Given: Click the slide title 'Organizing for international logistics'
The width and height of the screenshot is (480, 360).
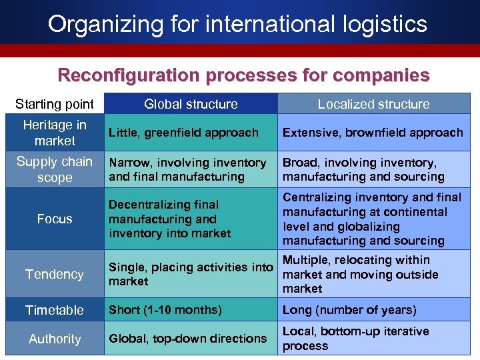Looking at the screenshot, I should click(x=237, y=25).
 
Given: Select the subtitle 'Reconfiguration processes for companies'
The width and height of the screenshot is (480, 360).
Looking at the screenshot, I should click(x=243, y=75).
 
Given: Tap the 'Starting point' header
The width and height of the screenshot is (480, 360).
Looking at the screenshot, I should click(x=55, y=104).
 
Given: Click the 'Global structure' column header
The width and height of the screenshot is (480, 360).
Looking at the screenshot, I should click(x=191, y=104).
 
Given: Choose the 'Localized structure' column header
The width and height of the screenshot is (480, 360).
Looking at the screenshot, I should click(x=373, y=104).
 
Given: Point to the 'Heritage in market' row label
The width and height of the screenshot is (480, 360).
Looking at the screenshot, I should click(x=55, y=133).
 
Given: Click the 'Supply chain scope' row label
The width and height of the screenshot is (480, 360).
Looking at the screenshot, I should click(x=55, y=169).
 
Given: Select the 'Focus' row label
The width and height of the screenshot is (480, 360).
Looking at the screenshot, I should click(x=55, y=219).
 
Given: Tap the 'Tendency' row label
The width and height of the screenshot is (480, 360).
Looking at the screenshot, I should click(x=55, y=274).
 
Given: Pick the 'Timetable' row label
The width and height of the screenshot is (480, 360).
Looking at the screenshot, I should click(x=55, y=310).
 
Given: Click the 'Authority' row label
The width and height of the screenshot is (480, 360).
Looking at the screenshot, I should click(x=55, y=339).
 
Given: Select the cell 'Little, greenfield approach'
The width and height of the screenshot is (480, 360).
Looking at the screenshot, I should click(x=183, y=133).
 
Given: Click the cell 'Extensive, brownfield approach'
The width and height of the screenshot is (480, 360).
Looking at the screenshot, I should click(x=373, y=133).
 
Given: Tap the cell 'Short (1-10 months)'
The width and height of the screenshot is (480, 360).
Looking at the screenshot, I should click(x=165, y=310).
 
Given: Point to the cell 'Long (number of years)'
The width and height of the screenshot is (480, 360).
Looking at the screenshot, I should click(x=349, y=310).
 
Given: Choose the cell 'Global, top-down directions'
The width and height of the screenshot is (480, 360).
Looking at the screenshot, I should click(x=187, y=339).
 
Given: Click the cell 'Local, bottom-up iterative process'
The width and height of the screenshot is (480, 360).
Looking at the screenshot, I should click(x=355, y=339).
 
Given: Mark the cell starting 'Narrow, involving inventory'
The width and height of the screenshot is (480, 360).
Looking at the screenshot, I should click(x=187, y=169).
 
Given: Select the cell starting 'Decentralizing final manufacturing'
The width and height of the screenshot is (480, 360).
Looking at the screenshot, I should click(x=169, y=219).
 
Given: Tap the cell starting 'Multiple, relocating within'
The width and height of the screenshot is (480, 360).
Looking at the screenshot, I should click(x=360, y=274).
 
